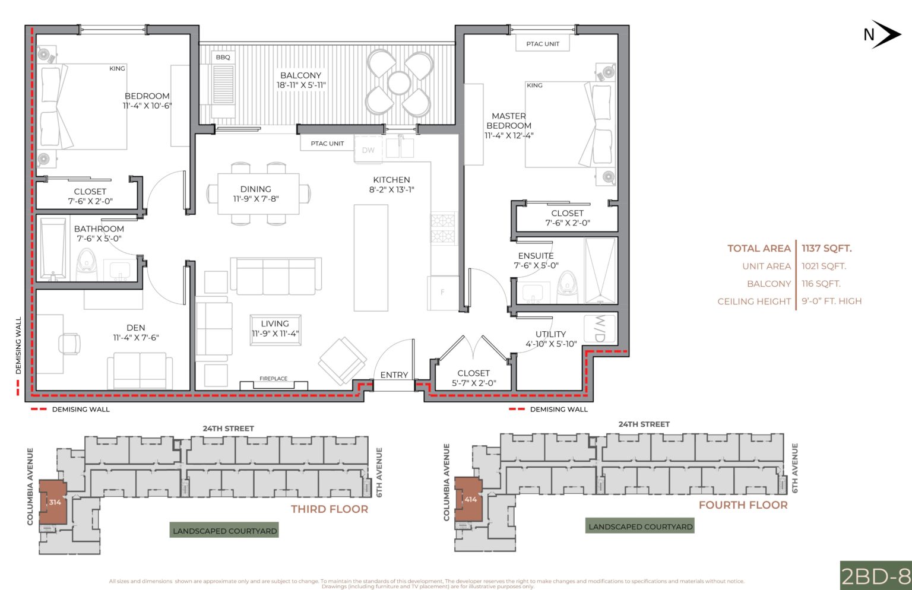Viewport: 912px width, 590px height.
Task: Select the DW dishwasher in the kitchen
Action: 368,150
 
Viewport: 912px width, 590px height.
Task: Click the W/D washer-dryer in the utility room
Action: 600,328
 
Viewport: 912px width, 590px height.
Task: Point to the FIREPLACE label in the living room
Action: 273,379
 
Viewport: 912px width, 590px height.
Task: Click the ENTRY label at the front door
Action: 394,375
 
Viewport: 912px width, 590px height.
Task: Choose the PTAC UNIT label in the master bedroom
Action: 543,44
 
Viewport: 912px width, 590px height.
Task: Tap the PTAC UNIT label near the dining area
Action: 327,144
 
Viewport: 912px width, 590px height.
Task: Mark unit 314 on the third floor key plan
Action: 55,502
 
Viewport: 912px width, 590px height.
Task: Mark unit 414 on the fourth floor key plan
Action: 470,499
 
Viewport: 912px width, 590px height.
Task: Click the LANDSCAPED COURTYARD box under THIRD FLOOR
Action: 224,531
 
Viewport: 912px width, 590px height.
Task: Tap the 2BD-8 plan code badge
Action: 876,576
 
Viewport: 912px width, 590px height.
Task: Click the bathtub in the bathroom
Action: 53,249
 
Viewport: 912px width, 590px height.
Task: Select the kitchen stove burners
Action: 442,229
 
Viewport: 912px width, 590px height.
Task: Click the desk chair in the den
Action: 69,343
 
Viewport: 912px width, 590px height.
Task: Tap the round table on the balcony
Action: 399,83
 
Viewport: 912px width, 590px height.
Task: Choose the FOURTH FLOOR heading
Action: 743,505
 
